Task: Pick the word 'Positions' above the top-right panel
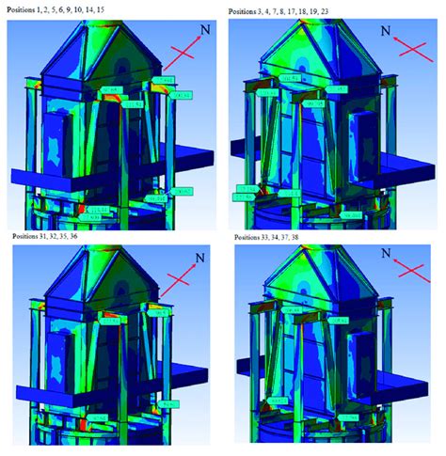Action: [x=247, y=11]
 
